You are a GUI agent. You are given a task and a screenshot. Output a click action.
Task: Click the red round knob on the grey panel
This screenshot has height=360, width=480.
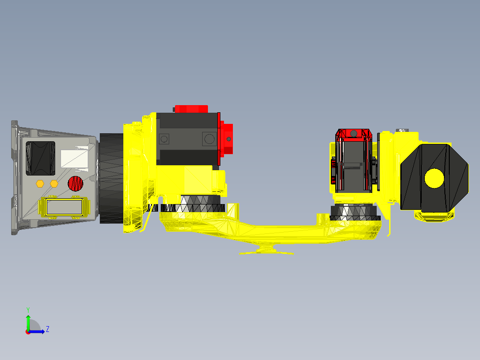coord(75,183)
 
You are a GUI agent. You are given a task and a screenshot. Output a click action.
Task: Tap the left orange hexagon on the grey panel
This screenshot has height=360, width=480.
coord(40,183)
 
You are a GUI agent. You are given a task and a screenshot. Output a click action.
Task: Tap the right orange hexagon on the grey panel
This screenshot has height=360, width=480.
coord(54,183)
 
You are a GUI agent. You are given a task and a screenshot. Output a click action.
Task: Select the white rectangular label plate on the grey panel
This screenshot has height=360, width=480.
coord(74,158)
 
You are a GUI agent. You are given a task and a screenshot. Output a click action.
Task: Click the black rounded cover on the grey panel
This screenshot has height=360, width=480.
coord(41,158)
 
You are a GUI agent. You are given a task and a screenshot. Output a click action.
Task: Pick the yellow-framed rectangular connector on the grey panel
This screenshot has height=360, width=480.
coord(64,207)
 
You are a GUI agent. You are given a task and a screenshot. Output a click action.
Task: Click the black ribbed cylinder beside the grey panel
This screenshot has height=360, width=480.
coord(111,178)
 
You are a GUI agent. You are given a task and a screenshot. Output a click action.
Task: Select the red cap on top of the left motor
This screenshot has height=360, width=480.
coord(191,109)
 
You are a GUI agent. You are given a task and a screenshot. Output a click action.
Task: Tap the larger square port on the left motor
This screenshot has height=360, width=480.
coord(208,139)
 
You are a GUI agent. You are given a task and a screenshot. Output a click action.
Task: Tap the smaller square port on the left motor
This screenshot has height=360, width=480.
coord(164,139)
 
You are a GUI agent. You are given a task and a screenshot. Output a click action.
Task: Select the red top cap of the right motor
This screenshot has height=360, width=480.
coord(354,133)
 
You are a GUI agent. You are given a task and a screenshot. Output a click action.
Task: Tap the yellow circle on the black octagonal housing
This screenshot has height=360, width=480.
coord(434,178)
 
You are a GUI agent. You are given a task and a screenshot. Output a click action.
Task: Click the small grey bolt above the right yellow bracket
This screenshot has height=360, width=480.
coord(402,130)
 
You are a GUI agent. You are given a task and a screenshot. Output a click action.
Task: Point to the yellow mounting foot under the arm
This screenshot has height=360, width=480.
coord(266,250)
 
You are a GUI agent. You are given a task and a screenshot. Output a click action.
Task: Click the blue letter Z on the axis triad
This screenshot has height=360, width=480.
coord(47,329)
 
